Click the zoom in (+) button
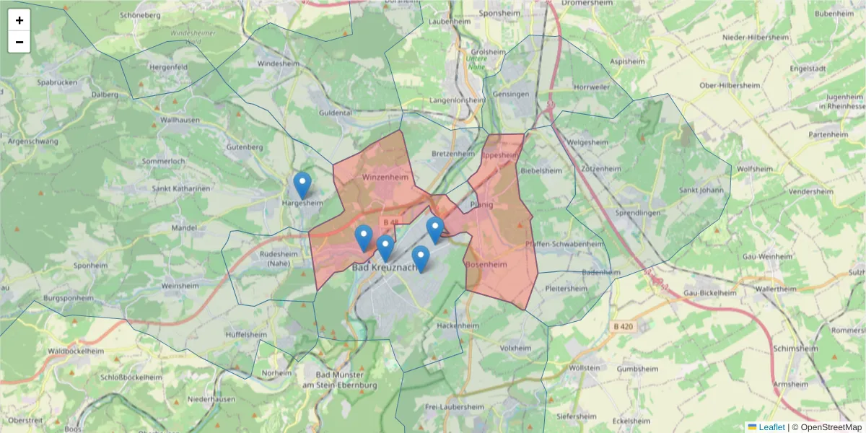tap(19, 20)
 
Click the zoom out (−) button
tap(19, 42)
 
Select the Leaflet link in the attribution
tap(771, 427)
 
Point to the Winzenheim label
tap(385, 177)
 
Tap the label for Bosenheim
tap(486, 265)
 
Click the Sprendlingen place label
tap(638, 214)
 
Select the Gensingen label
tap(510, 95)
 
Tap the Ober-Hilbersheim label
tap(731, 85)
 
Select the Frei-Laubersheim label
tap(454, 407)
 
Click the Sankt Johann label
tap(701, 191)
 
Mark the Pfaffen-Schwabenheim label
tap(565, 244)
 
